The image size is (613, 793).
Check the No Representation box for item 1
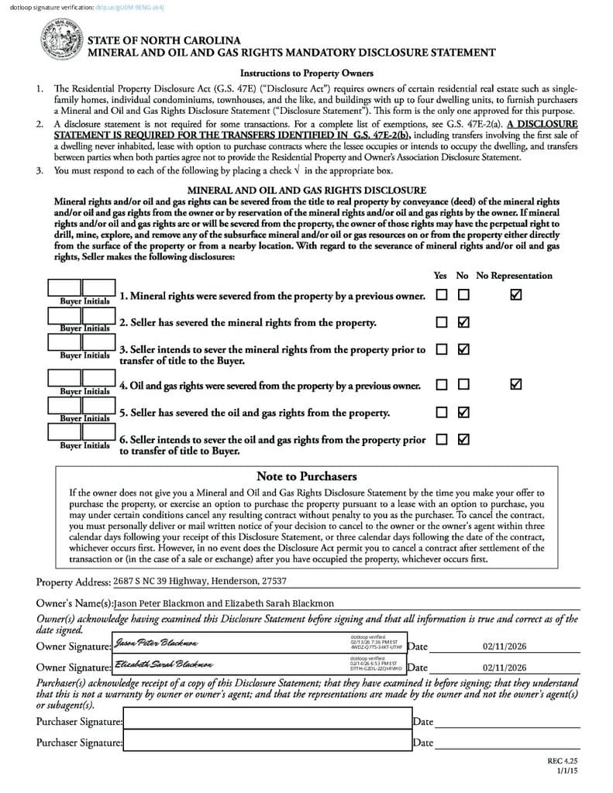click(516, 295)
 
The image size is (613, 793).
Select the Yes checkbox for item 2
click(441, 322)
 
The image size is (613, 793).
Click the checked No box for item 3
click(463, 349)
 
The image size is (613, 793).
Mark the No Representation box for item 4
click(516, 384)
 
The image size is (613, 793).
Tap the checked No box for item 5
click(463, 412)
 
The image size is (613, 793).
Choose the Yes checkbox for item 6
click(441, 439)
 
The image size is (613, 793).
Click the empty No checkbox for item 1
click(463, 295)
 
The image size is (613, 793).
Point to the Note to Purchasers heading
click(306, 476)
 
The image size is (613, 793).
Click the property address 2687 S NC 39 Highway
click(199, 581)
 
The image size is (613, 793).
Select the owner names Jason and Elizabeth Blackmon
click(223, 603)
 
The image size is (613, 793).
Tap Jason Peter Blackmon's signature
click(156, 644)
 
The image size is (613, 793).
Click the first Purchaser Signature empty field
click(267, 721)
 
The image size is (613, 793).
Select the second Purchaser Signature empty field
click(267, 742)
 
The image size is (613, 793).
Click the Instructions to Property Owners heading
click(306, 74)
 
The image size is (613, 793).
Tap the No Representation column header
click(514, 276)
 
